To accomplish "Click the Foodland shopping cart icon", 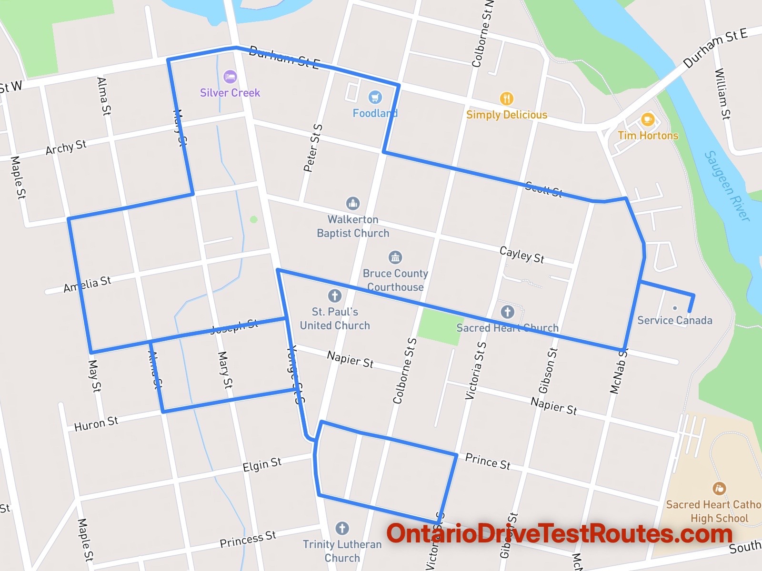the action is pyautogui.click(x=375, y=97).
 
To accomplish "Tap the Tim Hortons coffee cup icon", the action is pyautogui.click(x=647, y=119).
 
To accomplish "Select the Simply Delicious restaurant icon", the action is pyautogui.click(x=506, y=98).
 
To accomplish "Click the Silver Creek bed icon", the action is pyautogui.click(x=230, y=77).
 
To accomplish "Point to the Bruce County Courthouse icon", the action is pyautogui.click(x=395, y=257).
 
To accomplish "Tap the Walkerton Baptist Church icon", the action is pyautogui.click(x=353, y=203).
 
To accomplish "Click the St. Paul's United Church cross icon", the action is pyautogui.click(x=335, y=295).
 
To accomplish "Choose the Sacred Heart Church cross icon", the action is pyautogui.click(x=507, y=312).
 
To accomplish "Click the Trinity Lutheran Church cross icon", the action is pyautogui.click(x=342, y=528).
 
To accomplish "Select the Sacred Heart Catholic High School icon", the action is pyautogui.click(x=719, y=488).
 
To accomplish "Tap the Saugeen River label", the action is pyautogui.click(x=727, y=186).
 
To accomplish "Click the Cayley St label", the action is pyautogui.click(x=521, y=255).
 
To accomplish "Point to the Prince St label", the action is pyautogui.click(x=487, y=461).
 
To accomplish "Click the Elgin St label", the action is pyautogui.click(x=262, y=464).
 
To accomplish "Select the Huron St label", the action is pyautogui.click(x=96, y=423).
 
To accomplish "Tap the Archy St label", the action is pyautogui.click(x=66, y=148).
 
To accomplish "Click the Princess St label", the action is pyautogui.click(x=248, y=539).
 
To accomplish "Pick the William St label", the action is pyautogui.click(x=722, y=94).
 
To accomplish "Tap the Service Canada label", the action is pyautogui.click(x=674, y=320).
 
